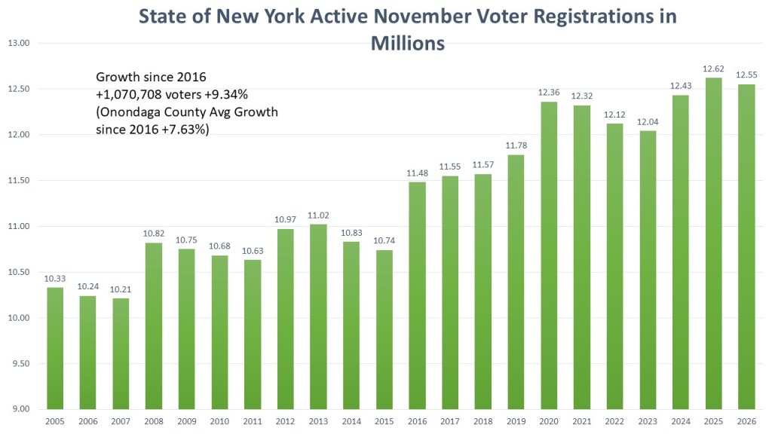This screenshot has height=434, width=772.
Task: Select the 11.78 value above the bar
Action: [516, 146]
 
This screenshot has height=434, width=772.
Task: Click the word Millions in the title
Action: [407, 44]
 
